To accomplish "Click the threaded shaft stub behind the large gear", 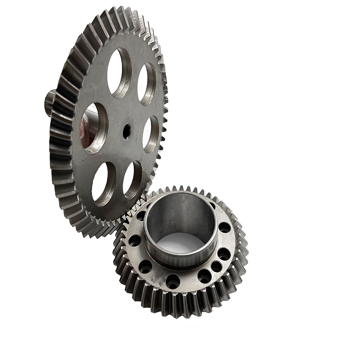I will (x=51, y=102).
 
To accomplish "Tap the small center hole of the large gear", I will (x=126, y=131).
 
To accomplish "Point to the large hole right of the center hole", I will (x=151, y=134).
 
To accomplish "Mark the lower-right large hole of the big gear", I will (x=132, y=180).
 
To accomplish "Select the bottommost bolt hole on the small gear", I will (x=173, y=282).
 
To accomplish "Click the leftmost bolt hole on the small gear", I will (x=135, y=241).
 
